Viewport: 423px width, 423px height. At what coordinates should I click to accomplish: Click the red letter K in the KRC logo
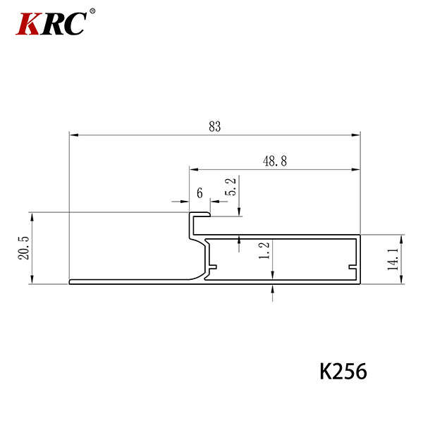[x=28, y=24]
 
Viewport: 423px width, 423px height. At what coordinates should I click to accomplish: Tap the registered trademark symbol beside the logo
[x=92, y=11]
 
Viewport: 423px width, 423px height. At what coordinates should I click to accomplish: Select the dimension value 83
[x=215, y=126]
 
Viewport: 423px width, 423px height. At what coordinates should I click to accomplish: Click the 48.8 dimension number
[x=275, y=161]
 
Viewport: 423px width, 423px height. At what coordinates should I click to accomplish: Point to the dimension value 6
[x=200, y=193]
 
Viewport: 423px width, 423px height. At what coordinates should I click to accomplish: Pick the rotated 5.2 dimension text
[x=231, y=186]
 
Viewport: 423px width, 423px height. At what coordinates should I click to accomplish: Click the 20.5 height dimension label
[x=23, y=248]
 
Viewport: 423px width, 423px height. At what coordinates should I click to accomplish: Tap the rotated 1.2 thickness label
[x=264, y=250]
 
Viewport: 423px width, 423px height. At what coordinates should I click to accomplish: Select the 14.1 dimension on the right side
[x=393, y=259]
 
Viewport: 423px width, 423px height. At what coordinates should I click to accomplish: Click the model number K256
[x=343, y=372]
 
